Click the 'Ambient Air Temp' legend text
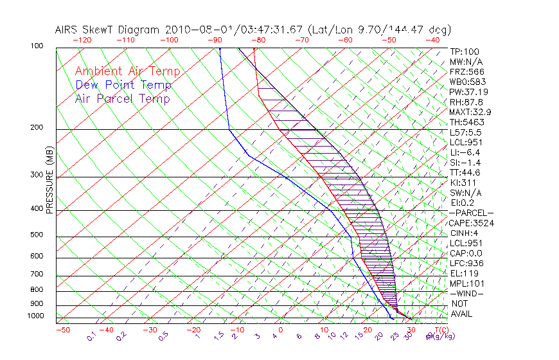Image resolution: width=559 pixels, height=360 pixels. [127, 71]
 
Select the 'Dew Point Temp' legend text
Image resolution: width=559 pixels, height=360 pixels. [123, 85]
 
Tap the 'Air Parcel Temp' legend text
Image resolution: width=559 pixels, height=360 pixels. [122, 98]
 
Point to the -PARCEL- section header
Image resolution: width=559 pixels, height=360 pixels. [471, 213]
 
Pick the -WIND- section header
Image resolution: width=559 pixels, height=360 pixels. [466, 293]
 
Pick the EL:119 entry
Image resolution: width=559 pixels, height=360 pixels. [464, 273]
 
